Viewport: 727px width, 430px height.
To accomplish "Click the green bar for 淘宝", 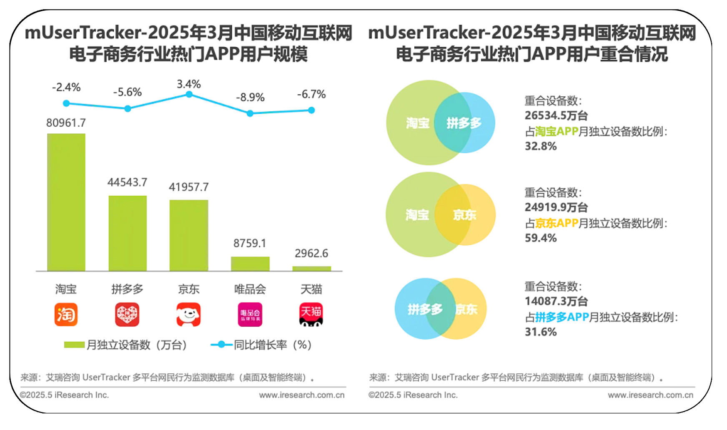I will pyautogui.click(x=66, y=202).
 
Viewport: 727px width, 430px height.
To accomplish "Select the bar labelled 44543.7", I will pyautogui.click(x=128, y=233).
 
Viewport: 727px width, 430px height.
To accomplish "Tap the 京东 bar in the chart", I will pyautogui.click(x=188, y=235).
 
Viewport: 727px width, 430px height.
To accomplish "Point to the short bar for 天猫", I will pyautogui.click(x=311, y=269).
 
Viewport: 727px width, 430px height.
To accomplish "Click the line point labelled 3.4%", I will pyautogui.click(x=189, y=94).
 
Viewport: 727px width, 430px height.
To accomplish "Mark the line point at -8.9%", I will pyautogui.click(x=250, y=113).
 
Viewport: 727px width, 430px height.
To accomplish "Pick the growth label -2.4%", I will pyautogui.click(x=66, y=87).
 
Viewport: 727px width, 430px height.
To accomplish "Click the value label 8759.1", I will pyautogui.click(x=250, y=243).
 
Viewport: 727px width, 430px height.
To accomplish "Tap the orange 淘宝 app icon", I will pyautogui.click(x=66, y=314).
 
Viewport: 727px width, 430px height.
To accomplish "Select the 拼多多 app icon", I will pyautogui.click(x=127, y=314).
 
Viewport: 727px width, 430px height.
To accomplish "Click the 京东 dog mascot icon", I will pyautogui.click(x=188, y=314).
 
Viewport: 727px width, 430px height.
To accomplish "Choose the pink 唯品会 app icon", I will pyautogui.click(x=250, y=314).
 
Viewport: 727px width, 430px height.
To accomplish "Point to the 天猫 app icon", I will pyautogui.click(x=311, y=314).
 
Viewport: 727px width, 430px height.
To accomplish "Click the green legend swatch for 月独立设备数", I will pyautogui.click(x=74, y=345).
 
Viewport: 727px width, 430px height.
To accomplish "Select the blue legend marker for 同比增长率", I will pyautogui.click(x=221, y=345).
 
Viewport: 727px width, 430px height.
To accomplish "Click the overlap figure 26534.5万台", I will pyautogui.click(x=556, y=116).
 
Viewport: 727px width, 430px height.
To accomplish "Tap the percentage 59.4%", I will pyautogui.click(x=541, y=238).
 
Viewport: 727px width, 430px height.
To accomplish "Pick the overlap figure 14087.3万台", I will pyautogui.click(x=556, y=301).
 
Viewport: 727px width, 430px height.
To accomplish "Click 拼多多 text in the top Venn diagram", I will pyautogui.click(x=464, y=123).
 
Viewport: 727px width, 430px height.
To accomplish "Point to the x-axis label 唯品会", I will pyautogui.click(x=250, y=289).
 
